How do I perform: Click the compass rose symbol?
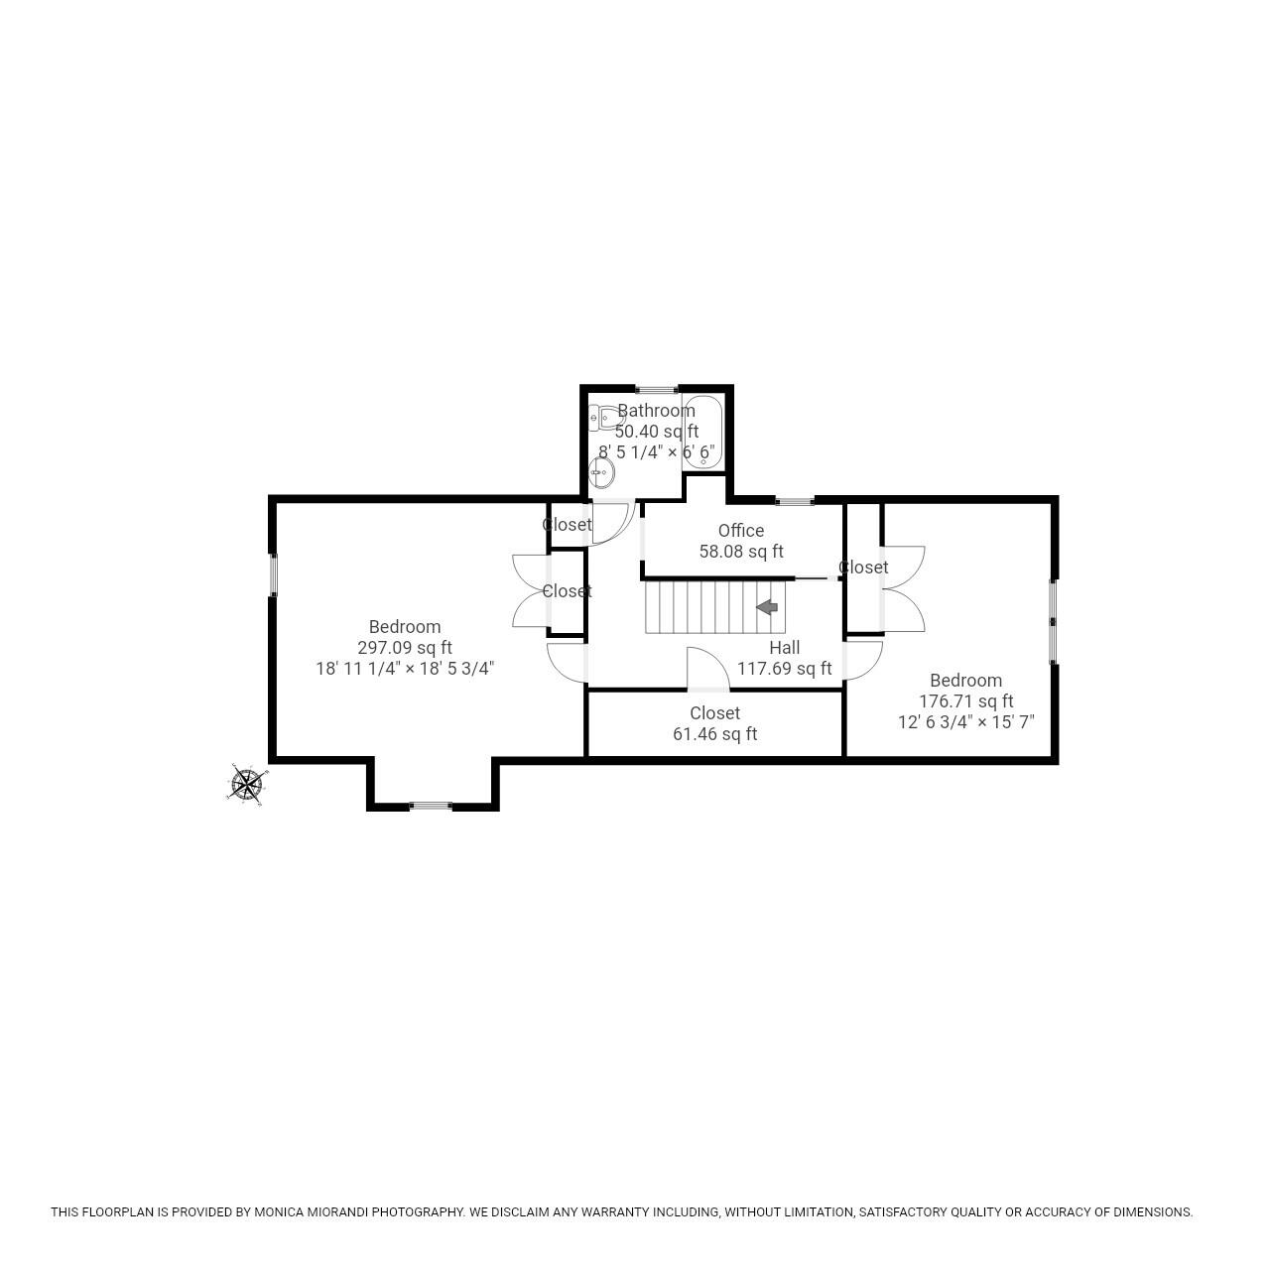[x=246, y=784]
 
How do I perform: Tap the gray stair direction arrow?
[x=767, y=607]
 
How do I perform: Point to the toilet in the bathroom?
[x=601, y=419]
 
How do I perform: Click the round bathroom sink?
[x=601, y=472]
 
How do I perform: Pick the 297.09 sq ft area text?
[x=405, y=648]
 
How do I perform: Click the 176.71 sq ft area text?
[x=965, y=701]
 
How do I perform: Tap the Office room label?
[x=741, y=531]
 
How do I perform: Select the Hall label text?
[x=784, y=648]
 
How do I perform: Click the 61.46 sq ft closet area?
[x=714, y=734]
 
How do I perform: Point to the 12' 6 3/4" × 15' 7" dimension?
[x=965, y=722]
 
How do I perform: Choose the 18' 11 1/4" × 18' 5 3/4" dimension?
[x=405, y=669]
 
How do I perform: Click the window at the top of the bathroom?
[x=656, y=389]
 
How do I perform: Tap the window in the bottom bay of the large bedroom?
[x=431, y=806]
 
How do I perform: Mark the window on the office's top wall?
[x=795, y=500]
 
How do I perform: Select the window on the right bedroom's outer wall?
[x=1054, y=621]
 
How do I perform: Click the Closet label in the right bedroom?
[x=863, y=568]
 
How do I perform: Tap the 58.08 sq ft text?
[x=741, y=552]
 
